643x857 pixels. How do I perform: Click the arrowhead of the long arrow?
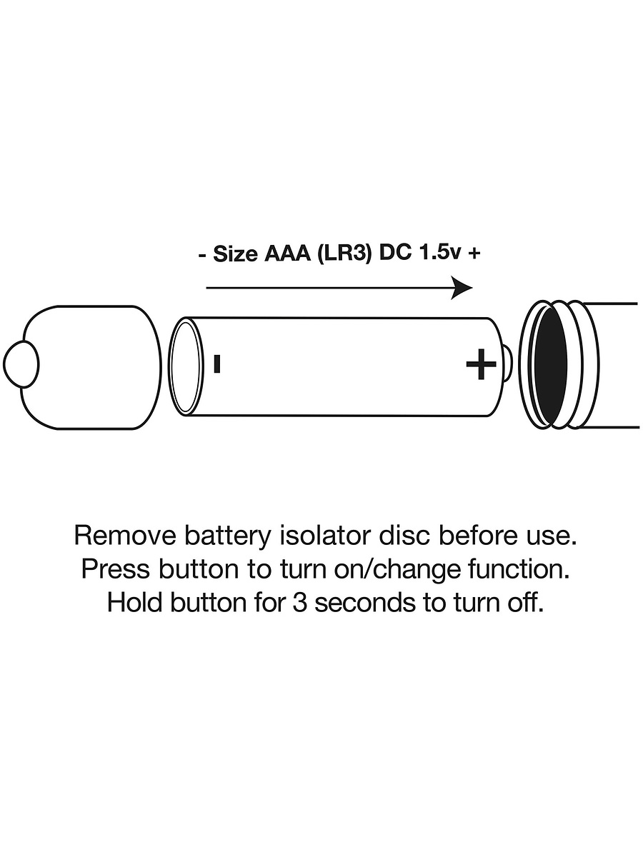click(x=463, y=288)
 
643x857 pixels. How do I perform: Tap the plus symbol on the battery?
click(x=482, y=364)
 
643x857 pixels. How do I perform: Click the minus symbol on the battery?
click(x=217, y=364)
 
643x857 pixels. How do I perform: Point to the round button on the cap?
click(x=21, y=364)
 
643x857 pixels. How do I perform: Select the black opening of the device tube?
click(x=550, y=365)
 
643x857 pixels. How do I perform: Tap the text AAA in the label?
click(x=288, y=254)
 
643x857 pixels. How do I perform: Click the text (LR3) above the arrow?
click(x=344, y=254)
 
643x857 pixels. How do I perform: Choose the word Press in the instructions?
click(x=116, y=570)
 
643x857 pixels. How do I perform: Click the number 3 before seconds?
click(x=299, y=603)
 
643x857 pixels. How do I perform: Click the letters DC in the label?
click(x=394, y=254)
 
